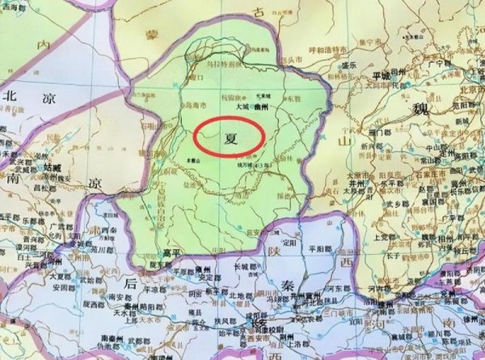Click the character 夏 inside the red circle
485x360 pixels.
coord(230,138)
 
